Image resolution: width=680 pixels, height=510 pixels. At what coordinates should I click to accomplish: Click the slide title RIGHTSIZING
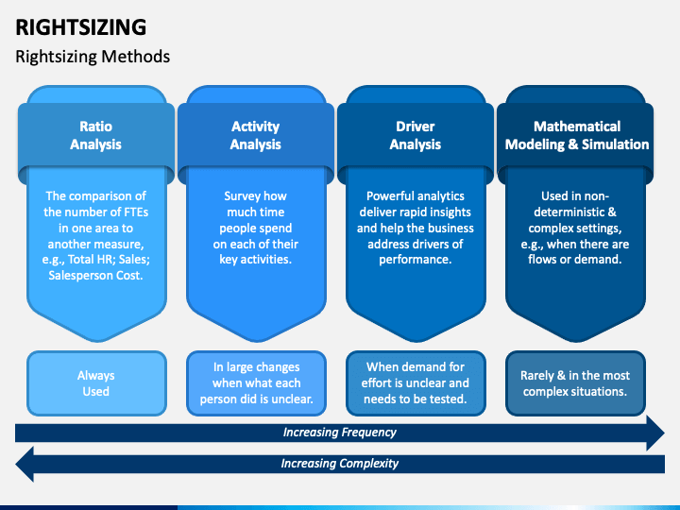point(81,25)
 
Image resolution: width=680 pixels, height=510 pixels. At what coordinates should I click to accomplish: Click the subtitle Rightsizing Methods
point(93,57)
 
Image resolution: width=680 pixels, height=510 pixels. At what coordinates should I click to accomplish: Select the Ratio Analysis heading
point(95,135)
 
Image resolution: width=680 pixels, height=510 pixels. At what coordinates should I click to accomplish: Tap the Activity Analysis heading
point(256,135)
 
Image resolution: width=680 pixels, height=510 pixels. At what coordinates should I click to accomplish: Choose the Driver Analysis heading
point(416,135)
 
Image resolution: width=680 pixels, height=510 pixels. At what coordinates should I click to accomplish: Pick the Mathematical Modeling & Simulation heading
point(576,135)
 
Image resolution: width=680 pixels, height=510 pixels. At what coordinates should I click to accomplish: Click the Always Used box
point(95,382)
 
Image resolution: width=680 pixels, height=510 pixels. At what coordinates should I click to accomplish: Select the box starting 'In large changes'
point(256,382)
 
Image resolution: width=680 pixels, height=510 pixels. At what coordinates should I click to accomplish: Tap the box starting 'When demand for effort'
point(416,382)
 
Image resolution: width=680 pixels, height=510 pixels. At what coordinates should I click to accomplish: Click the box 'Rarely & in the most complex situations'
point(576,382)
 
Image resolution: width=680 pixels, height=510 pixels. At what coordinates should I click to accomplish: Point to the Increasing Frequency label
point(340,433)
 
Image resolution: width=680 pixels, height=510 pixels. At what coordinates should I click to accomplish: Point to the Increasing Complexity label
point(340,464)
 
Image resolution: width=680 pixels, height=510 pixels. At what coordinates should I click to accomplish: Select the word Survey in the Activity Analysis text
point(242,196)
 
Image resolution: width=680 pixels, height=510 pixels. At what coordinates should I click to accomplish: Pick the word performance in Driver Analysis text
point(416,260)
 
